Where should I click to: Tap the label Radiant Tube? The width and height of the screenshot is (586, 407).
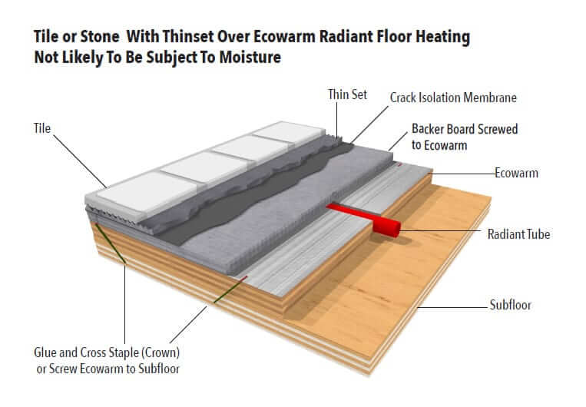(518, 234)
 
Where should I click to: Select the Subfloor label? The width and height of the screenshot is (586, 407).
(510, 305)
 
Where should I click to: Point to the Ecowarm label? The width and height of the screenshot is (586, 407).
(516, 173)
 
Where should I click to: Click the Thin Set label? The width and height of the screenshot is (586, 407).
(348, 94)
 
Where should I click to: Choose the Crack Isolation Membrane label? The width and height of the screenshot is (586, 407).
(453, 98)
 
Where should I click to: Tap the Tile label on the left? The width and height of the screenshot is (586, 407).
(42, 128)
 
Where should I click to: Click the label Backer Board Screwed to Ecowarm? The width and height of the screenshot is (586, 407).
(465, 137)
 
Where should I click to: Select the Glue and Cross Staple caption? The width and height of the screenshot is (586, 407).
(107, 361)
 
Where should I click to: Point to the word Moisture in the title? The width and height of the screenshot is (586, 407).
(250, 57)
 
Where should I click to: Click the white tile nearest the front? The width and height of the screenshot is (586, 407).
(147, 192)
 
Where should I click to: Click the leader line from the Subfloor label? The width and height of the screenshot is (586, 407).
(452, 308)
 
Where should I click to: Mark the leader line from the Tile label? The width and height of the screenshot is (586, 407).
(80, 161)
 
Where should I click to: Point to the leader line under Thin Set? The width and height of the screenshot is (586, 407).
(336, 121)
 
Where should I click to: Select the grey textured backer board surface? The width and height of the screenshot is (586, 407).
(288, 210)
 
